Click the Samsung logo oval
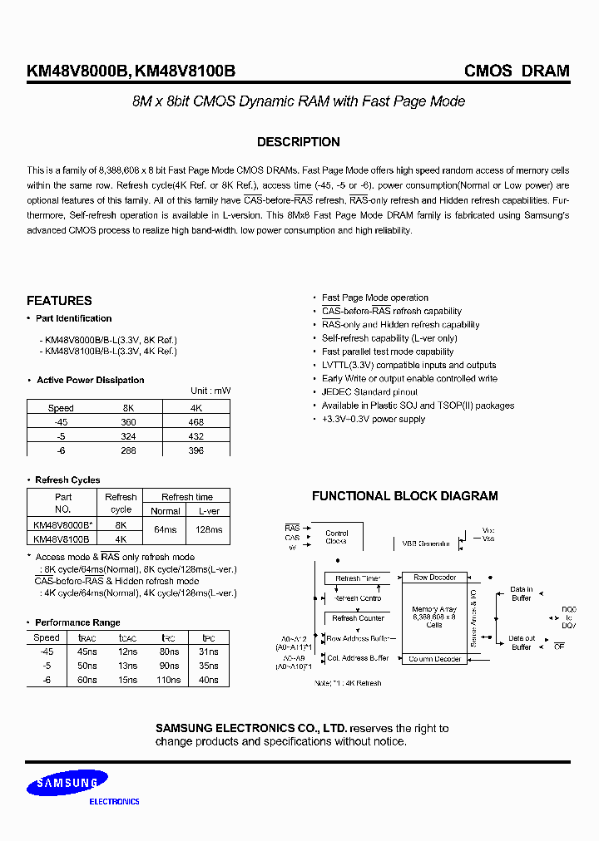coord(65,783)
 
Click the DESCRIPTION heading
coord(298,142)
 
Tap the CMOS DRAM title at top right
coord(517,71)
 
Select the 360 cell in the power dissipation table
coord(126,422)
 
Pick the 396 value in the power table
coord(196,450)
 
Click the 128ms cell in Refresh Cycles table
coord(208,529)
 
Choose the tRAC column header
coord(87,638)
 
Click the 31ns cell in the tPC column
coord(209,652)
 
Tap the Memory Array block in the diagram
coord(435,616)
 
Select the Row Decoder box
coord(435,577)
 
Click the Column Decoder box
coord(435,659)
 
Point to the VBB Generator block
coord(426,543)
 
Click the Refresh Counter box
coord(358,618)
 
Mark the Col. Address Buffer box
coord(358,657)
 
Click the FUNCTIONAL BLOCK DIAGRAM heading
coord(404,496)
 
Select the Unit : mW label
coord(210,391)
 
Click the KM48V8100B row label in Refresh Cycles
coord(61,539)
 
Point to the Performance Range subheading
coord(77,622)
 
